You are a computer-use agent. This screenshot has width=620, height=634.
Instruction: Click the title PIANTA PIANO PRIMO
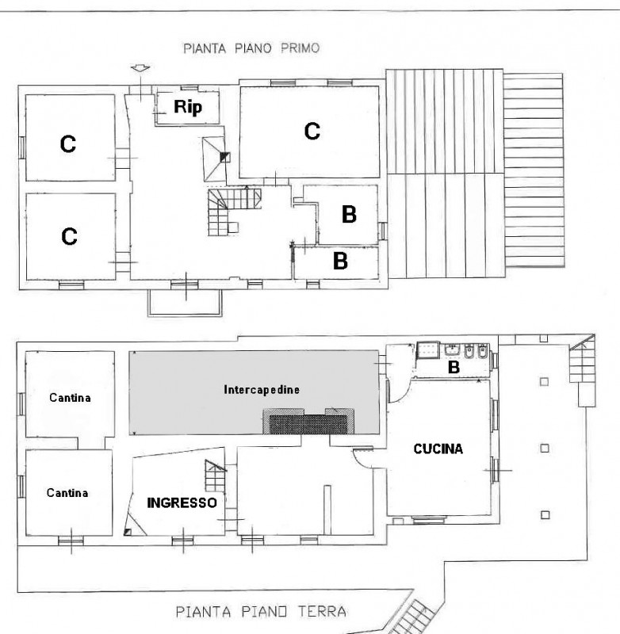[x=251, y=48]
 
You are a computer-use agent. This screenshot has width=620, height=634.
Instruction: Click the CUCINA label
[x=438, y=449]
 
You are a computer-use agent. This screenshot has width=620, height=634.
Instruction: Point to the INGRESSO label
[x=182, y=502]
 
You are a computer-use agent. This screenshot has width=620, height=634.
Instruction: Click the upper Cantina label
[x=70, y=397]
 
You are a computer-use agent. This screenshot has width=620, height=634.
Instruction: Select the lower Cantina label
[x=67, y=492]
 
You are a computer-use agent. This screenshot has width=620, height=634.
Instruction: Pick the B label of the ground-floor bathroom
[x=454, y=367]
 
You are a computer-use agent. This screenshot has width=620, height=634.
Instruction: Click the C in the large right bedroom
[x=312, y=131]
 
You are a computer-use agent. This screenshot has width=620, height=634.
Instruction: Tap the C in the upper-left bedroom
[x=69, y=143]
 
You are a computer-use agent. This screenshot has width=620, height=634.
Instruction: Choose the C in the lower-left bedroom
[x=69, y=235]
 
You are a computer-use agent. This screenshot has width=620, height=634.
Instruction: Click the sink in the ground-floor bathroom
[x=429, y=349]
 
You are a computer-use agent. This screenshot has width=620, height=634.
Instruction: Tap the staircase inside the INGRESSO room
[x=215, y=475]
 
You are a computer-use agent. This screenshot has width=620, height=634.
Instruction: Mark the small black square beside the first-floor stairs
[x=224, y=156]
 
